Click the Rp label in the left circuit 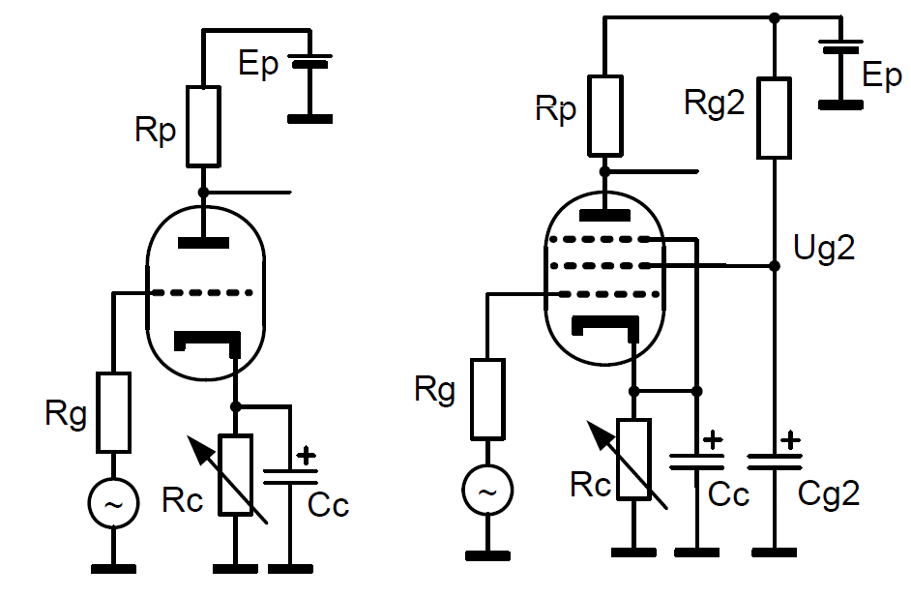(x=156, y=132)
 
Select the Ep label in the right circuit (x=880, y=76)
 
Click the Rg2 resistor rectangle (x=775, y=119)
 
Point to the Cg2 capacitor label (x=828, y=494)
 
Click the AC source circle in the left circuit (x=112, y=503)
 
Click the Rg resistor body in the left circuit (x=113, y=412)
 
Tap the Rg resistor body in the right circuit (x=487, y=400)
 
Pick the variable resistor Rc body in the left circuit (x=236, y=474)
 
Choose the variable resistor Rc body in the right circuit (x=634, y=459)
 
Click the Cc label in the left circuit (x=328, y=504)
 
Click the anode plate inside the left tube (x=203, y=242)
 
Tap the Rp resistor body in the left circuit (x=203, y=126)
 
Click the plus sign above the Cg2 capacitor (x=790, y=440)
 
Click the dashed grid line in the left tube (x=203, y=291)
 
